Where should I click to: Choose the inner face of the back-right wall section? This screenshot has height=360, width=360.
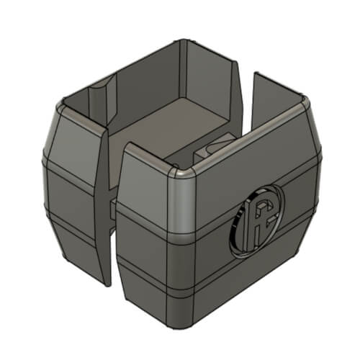[277, 108]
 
